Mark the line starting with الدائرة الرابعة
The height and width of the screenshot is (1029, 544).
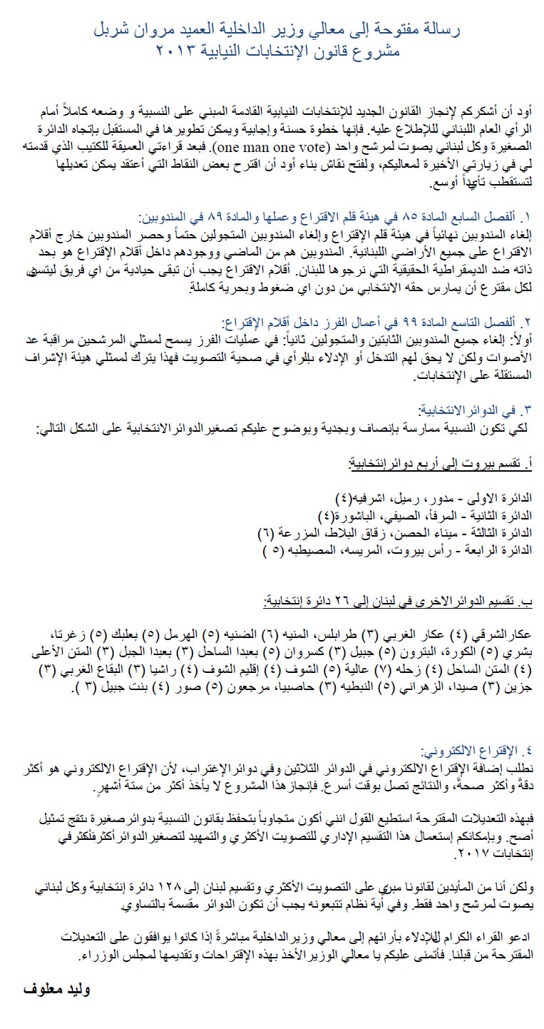tap(410, 550)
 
